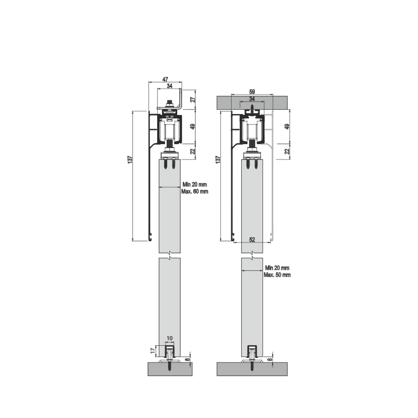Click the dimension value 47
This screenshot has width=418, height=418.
coord(165,79)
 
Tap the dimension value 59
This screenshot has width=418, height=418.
coord(252,91)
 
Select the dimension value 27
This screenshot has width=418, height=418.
coord(193,99)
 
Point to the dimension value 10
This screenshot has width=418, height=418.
coord(169,339)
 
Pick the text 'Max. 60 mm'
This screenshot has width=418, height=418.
coord(195,191)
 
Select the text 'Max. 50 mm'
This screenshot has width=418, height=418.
coord(277,275)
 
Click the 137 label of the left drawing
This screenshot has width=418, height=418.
coord(130,159)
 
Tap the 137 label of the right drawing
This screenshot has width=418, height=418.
coord(217,159)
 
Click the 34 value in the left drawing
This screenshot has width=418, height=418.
coord(169,86)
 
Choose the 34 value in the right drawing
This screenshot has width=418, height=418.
coord(252,99)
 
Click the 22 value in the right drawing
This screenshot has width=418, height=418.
coord(287,151)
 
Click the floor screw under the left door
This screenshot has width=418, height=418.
coord(170,367)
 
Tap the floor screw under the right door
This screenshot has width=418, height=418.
coord(252,367)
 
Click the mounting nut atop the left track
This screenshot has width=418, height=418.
coord(170,103)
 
